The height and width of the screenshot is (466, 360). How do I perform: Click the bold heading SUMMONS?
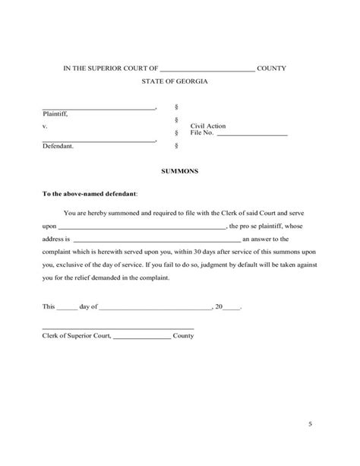click(x=180, y=172)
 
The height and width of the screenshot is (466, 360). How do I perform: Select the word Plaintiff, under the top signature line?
click(x=55, y=114)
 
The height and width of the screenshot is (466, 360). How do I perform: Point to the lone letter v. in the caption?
click(x=45, y=125)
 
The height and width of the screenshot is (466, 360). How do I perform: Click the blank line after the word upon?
click(x=142, y=227)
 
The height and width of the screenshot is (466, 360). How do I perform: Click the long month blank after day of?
click(x=155, y=309)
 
